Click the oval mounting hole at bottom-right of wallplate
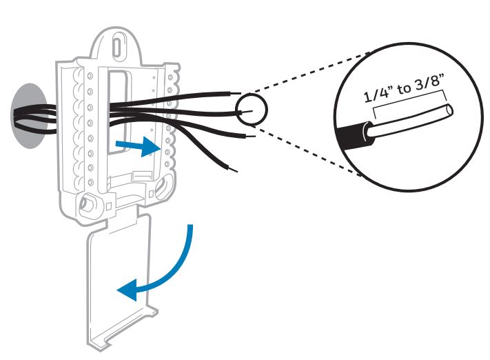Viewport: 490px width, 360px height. click(x=166, y=190)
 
